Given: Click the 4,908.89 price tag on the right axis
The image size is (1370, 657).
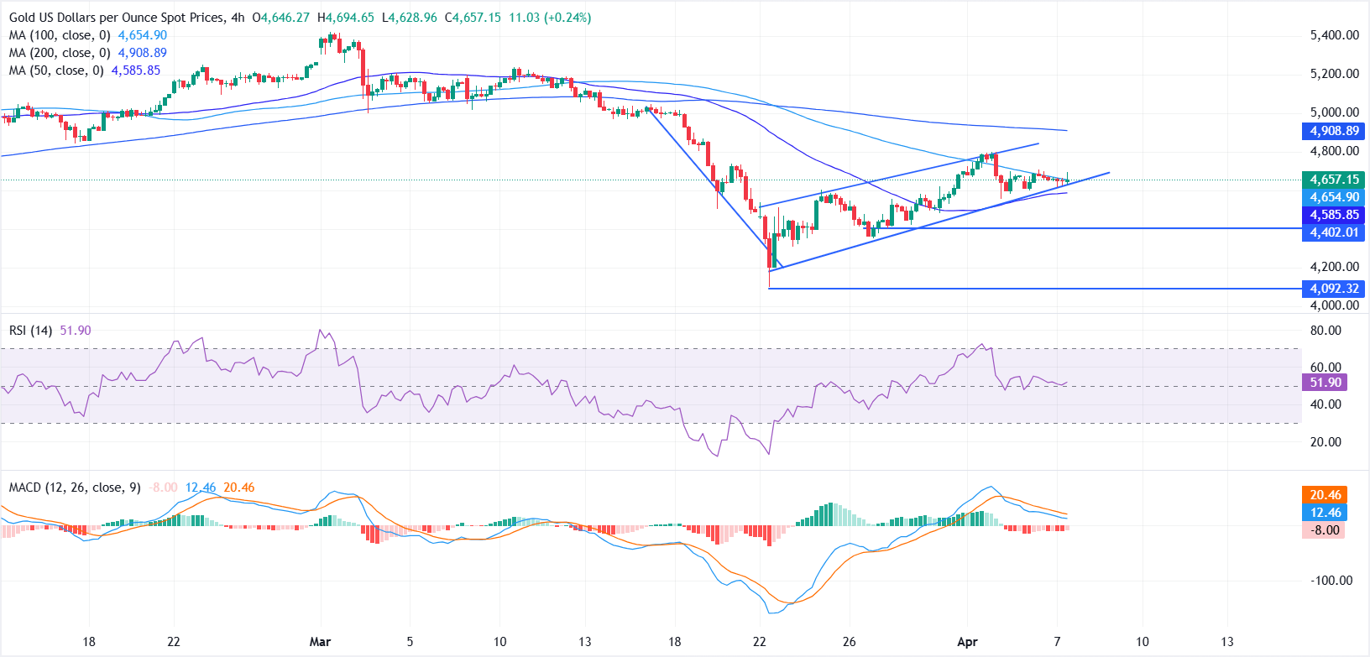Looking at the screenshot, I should [x=1334, y=131].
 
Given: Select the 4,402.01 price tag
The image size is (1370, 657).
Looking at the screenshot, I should [x=1334, y=232].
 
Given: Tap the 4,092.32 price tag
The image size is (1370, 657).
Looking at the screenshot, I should [x=1334, y=289].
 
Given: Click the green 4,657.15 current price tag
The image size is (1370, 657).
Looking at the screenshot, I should [x=1334, y=180].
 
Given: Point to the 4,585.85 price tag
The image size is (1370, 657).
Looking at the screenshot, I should [x=1334, y=215].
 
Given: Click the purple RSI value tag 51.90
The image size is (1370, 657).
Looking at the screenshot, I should [x=1326, y=383].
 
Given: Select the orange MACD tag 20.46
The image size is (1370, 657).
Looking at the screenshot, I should [x=1326, y=495].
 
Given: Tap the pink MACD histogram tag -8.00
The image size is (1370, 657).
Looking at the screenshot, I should [x=1326, y=530].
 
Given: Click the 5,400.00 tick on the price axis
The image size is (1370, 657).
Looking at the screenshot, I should [x=1334, y=35].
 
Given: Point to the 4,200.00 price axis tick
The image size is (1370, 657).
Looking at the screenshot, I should [x=1334, y=267].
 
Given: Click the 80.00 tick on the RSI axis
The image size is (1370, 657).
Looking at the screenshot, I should [x=1326, y=331].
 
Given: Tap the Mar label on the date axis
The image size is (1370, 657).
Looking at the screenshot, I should [x=320, y=642].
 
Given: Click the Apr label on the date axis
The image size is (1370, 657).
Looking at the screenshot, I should [x=967, y=642].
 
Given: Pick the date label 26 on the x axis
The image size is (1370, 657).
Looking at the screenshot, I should [x=849, y=642].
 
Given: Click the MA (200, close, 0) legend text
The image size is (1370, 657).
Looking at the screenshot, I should [x=60, y=53].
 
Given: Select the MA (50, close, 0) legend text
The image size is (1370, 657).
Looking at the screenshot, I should [x=56, y=70].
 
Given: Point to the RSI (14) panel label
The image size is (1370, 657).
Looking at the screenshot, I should [x=30, y=331].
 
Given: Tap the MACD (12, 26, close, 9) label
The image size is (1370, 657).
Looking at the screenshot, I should [x=75, y=488].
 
